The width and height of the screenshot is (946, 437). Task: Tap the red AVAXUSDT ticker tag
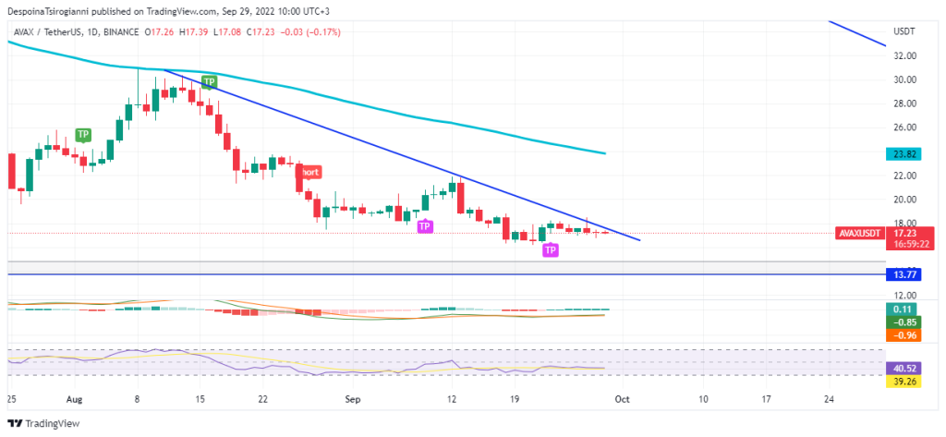857,234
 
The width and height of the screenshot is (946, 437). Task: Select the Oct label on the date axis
622,399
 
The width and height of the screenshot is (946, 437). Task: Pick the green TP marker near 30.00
210,82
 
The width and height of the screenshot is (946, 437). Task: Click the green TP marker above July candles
83,134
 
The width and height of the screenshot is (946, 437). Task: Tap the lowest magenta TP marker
550,250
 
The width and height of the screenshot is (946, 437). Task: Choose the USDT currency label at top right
904,31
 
